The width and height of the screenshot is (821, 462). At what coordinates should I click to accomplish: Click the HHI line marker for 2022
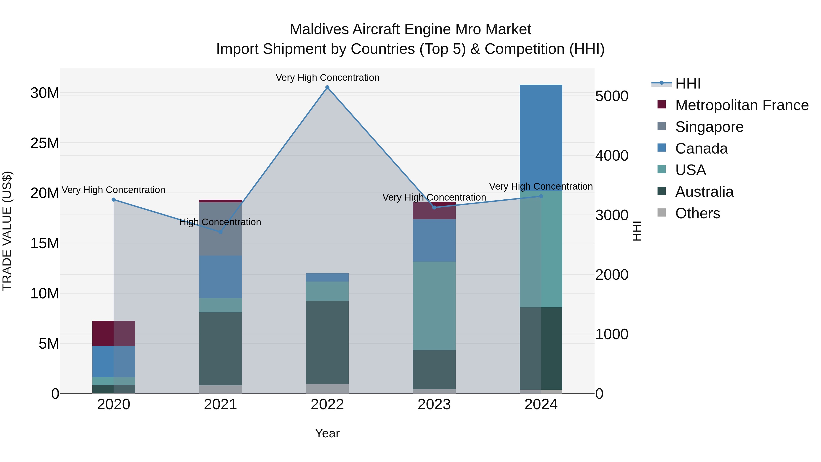tap(327, 87)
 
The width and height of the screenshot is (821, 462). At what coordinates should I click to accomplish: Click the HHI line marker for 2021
tap(220, 232)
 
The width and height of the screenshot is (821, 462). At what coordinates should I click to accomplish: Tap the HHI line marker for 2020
tap(114, 200)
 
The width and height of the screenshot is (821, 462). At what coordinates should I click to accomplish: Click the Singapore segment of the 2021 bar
tap(220, 229)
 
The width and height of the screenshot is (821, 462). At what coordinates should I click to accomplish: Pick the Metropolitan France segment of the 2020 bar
tap(114, 333)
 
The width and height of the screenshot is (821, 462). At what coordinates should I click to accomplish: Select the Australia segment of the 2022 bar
tap(327, 342)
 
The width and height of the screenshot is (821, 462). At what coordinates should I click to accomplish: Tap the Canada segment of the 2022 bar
tap(327, 277)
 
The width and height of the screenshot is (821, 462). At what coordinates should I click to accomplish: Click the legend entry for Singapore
tap(709, 127)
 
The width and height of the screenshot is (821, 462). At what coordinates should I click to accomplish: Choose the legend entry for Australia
tap(704, 192)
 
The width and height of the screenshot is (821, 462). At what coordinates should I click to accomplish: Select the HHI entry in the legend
tap(688, 84)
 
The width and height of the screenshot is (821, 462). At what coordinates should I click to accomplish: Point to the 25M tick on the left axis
tap(45, 143)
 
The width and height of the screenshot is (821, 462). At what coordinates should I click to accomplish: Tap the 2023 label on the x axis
tap(434, 405)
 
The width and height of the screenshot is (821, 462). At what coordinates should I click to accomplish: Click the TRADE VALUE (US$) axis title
tap(7, 231)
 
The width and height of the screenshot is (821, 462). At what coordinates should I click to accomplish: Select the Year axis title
tap(327, 433)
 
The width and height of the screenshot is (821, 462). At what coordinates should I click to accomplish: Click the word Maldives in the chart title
tap(319, 29)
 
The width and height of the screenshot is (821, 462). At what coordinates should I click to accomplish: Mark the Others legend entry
tap(697, 213)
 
